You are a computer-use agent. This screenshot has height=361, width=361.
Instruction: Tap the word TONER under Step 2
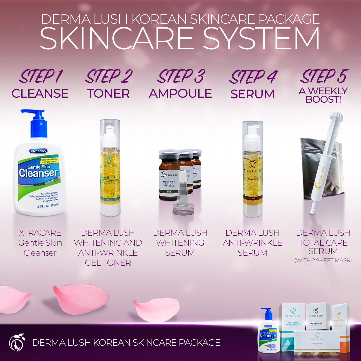point(108,93)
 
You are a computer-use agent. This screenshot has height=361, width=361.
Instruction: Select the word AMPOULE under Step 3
point(180,93)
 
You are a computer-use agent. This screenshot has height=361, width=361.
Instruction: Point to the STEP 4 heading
point(253,77)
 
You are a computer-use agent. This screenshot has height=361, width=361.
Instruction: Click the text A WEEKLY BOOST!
point(323,95)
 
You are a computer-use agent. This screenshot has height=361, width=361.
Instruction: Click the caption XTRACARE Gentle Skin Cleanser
point(40,243)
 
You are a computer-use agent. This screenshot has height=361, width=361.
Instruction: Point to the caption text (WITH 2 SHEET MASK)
point(323,260)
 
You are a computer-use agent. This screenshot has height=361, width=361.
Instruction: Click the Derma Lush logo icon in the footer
point(16,342)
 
